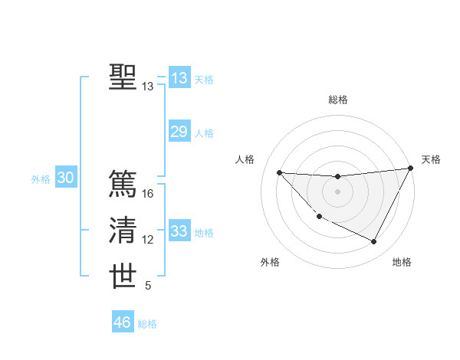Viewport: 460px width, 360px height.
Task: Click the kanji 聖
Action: click(x=123, y=77)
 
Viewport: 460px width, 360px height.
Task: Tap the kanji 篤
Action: click(x=123, y=184)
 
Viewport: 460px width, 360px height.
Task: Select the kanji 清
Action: click(x=123, y=231)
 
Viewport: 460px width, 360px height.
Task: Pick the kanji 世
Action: click(x=123, y=277)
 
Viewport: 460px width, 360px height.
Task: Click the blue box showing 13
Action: click(x=179, y=78)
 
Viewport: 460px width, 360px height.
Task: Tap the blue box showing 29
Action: click(x=179, y=132)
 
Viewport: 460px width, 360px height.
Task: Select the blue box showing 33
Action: click(x=179, y=231)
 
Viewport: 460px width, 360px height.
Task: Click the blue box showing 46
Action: click(x=123, y=322)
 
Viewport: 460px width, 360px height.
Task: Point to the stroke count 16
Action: click(x=148, y=194)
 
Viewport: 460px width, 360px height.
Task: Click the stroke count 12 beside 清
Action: click(x=148, y=240)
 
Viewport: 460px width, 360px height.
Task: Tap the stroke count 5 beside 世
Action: click(x=148, y=286)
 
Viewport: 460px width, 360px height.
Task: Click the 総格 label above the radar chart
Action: click(x=337, y=100)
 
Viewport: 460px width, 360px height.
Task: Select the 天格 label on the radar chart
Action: click(x=432, y=159)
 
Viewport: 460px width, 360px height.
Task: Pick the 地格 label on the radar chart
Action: click(x=402, y=262)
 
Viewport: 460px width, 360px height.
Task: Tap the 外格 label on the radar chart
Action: click(x=270, y=262)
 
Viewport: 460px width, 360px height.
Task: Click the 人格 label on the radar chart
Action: click(x=245, y=159)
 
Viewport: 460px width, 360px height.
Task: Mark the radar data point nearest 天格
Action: click(x=410, y=169)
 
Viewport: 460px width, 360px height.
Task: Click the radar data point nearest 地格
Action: click(x=374, y=242)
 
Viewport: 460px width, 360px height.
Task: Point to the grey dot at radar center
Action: click(x=337, y=191)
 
